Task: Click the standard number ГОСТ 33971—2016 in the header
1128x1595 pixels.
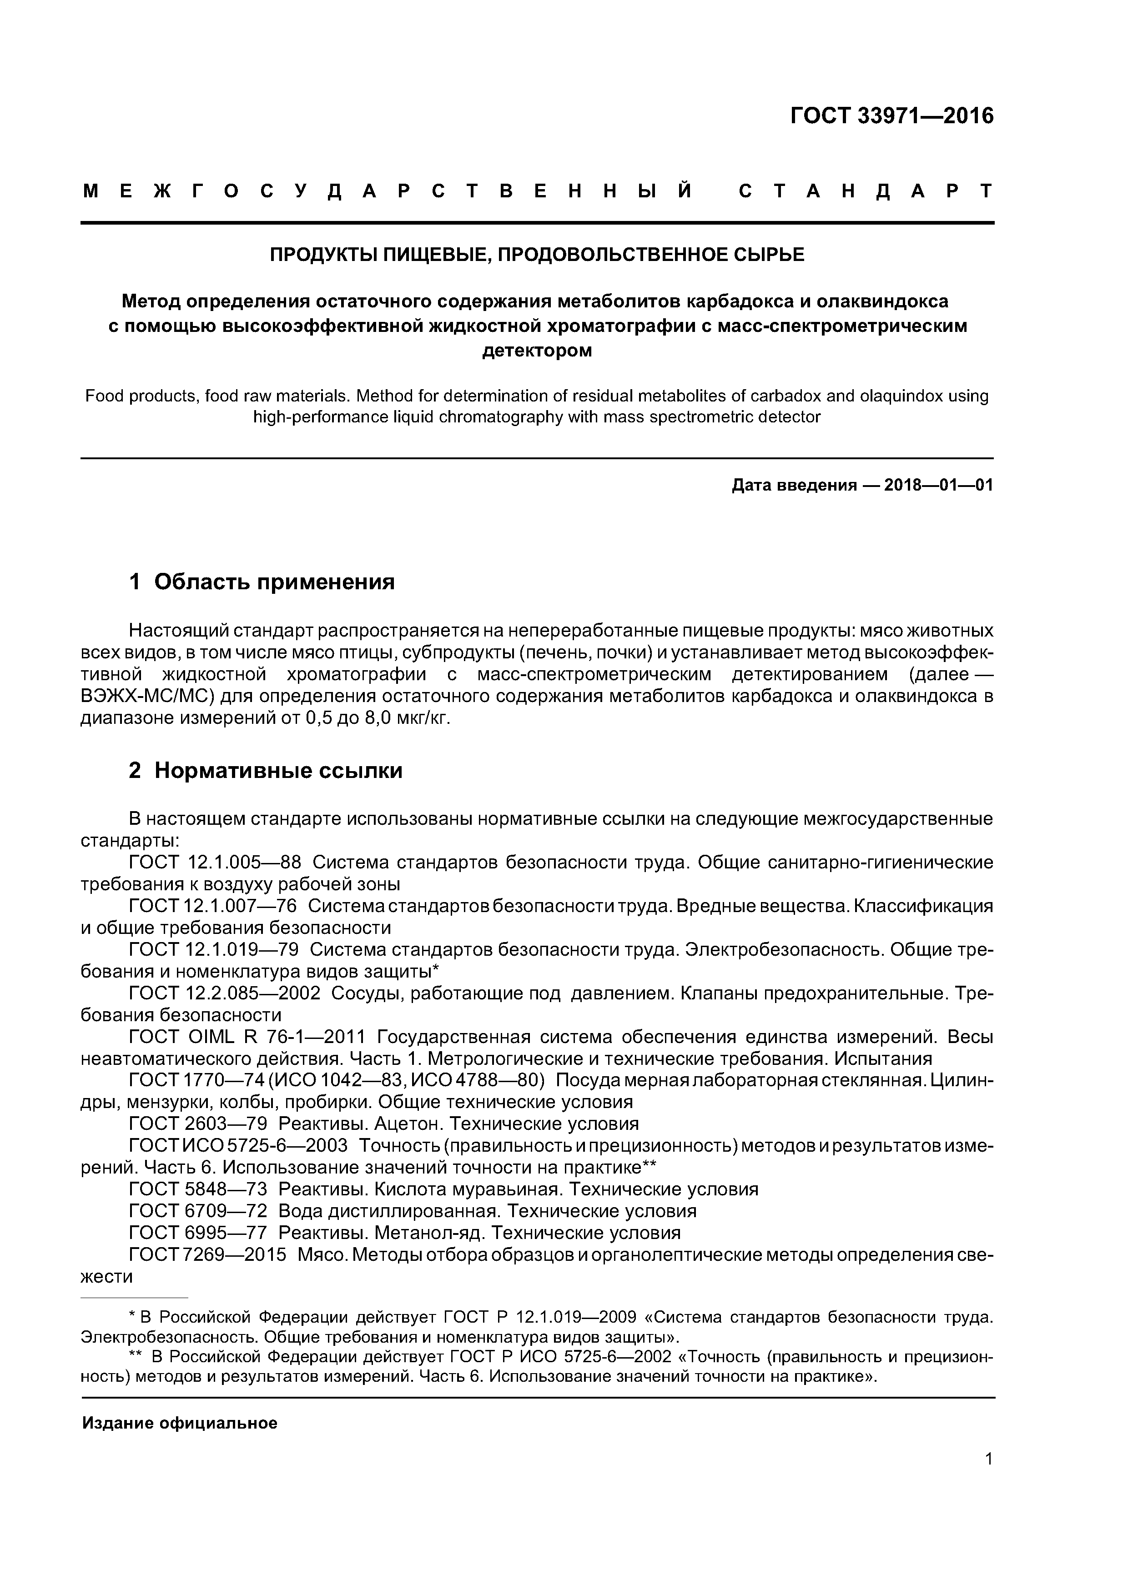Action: pyautogui.click(x=891, y=116)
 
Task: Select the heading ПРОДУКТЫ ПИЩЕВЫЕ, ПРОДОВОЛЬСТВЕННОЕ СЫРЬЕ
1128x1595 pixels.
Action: pyautogui.click(x=537, y=255)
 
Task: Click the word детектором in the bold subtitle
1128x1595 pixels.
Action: pyautogui.click(x=537, y=351)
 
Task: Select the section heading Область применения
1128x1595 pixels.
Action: pyautogui.click(x=274, y=582)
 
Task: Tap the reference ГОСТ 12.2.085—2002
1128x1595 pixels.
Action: pyautogui.click(x=225, y=993)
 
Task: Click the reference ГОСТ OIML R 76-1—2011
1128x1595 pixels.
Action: pyautogui.click(x=247, y=1037)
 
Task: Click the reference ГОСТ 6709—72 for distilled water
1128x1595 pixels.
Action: pyautogui.click(x=198, y=1212)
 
